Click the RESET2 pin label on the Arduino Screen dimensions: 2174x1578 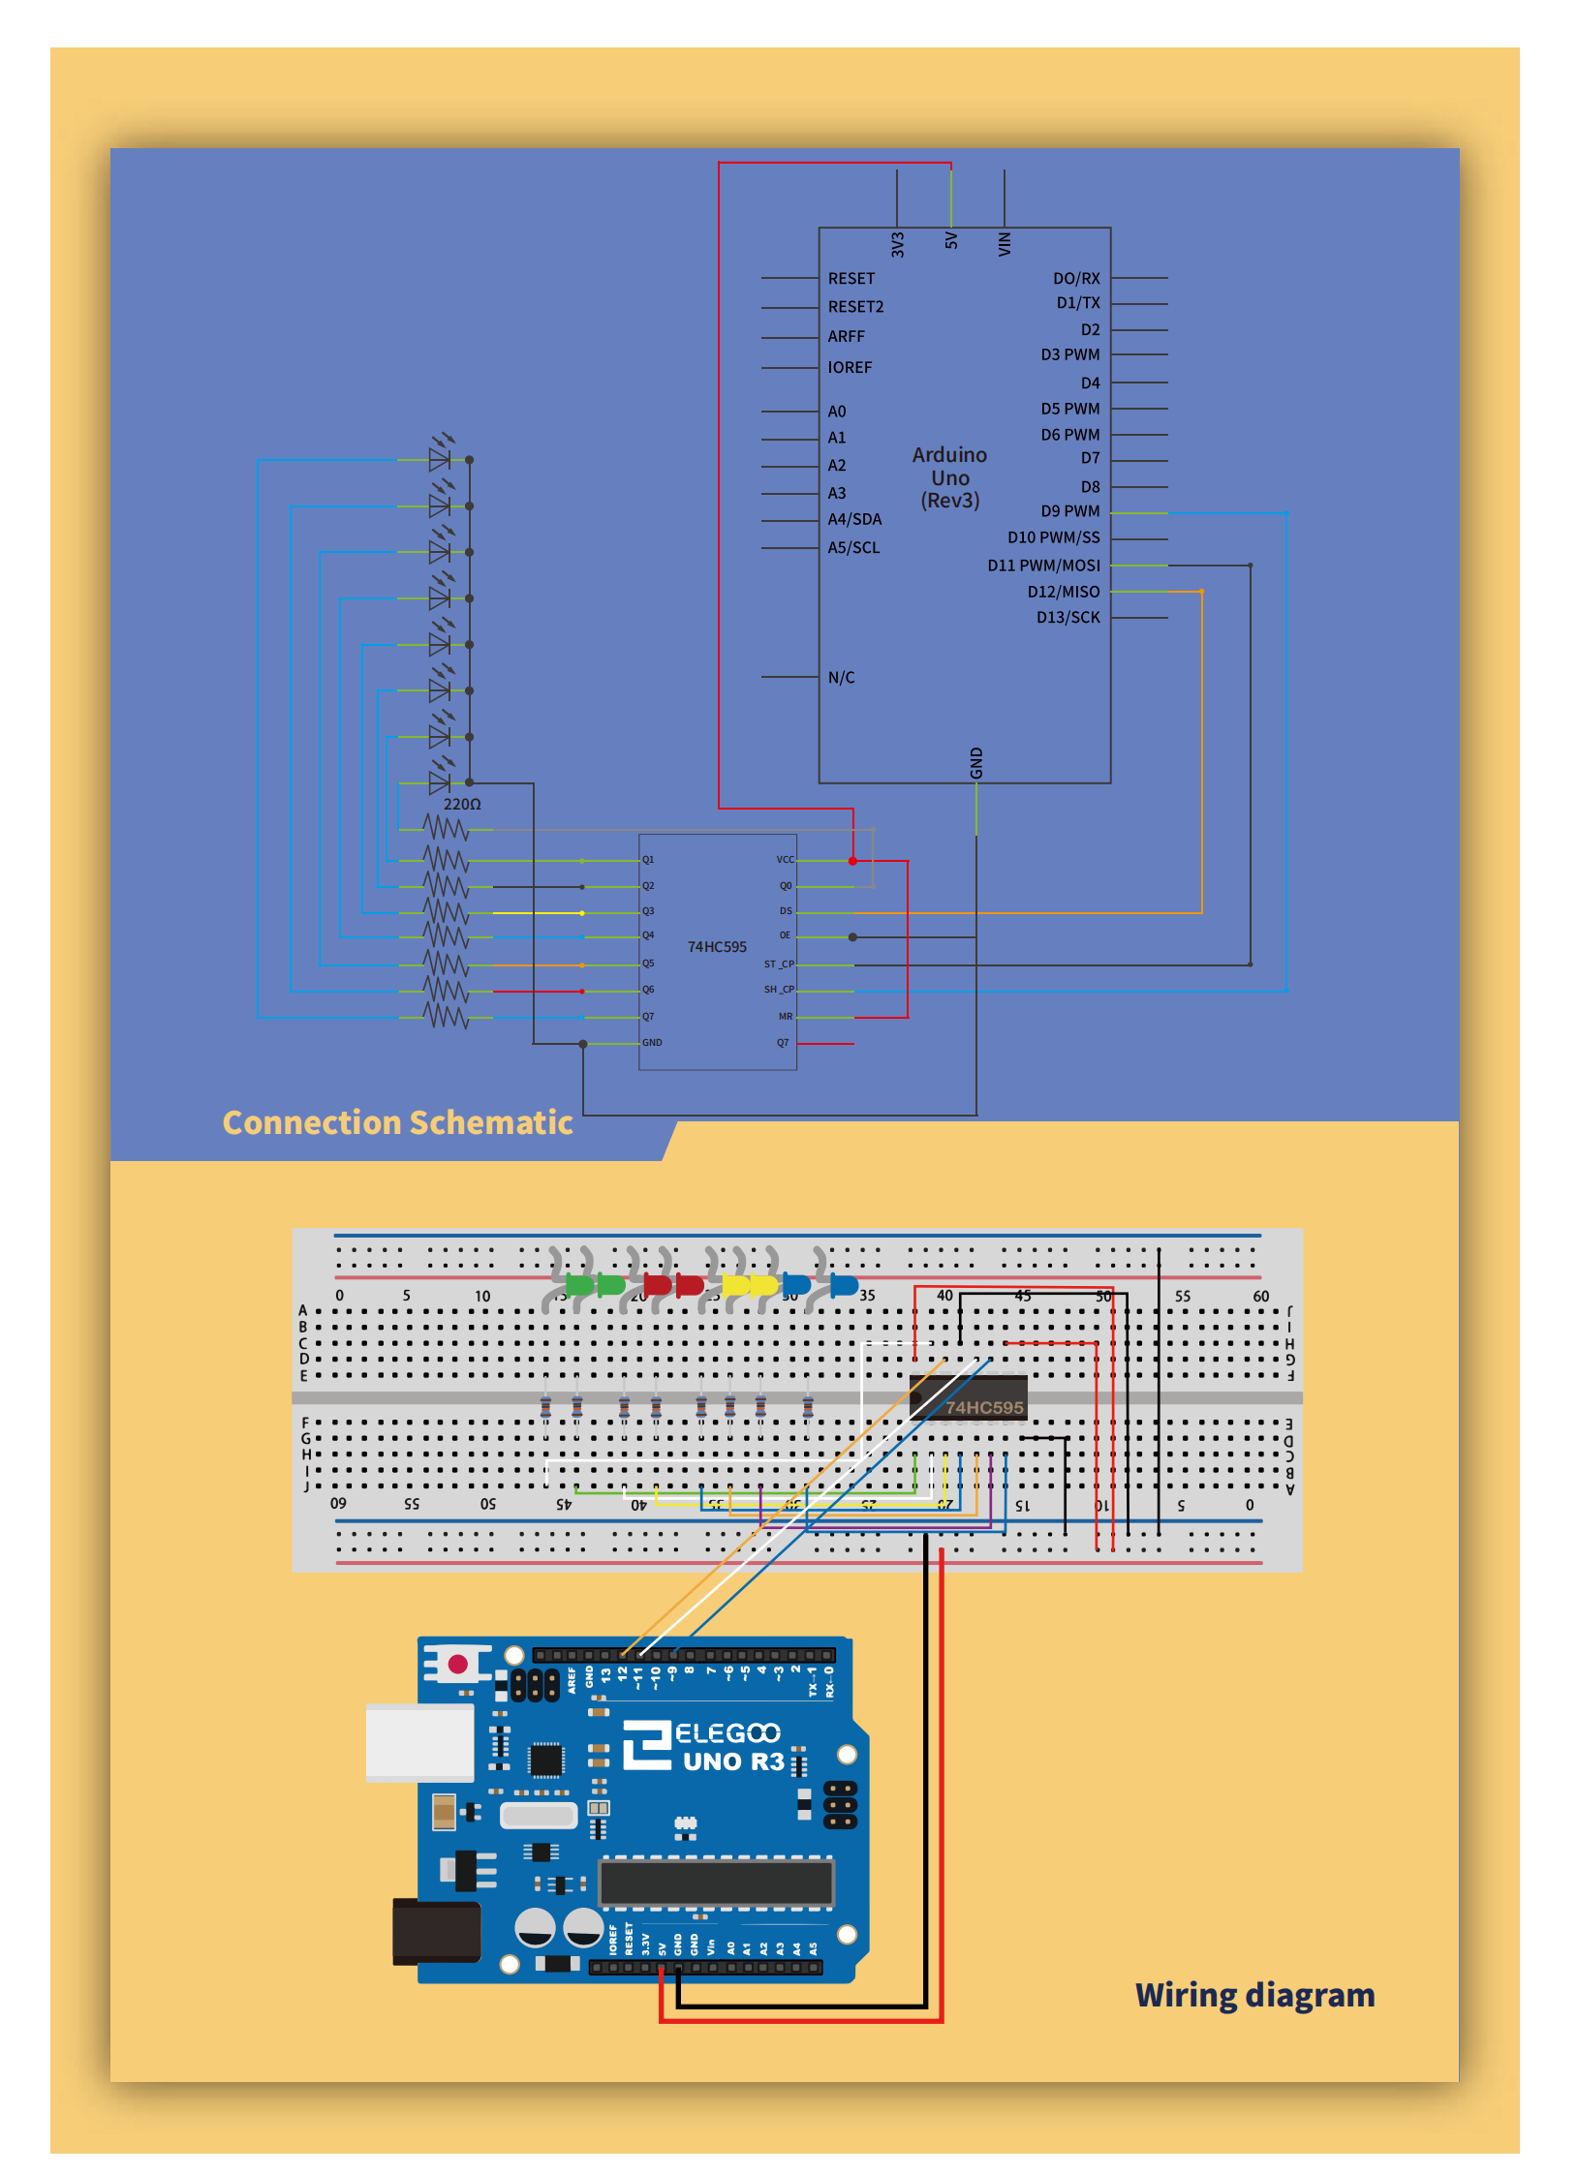[855, 307]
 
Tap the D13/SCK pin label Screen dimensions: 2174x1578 [1067, 618]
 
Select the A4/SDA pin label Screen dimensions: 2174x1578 [854, 520]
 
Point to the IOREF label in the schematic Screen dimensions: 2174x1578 [850, 368]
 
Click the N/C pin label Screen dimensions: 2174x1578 [841, 678]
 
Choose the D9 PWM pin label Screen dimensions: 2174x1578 [1069, 511]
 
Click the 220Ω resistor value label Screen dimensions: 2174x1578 [462, 805]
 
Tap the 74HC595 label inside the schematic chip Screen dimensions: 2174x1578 [717, 947]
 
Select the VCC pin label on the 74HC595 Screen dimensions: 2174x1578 [785, 860]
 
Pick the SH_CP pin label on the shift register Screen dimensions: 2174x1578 [779, 990]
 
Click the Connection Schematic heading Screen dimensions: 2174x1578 [397, 1122]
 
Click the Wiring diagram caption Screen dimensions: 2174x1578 [1254, 1995]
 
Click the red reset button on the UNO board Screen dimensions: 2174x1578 [458, 1665]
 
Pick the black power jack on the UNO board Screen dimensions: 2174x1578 [436, 1931]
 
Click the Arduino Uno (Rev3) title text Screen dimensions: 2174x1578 [949, 478]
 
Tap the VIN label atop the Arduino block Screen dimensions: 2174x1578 [1005, 244]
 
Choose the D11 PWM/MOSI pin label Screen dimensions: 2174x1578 [1043, 566]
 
